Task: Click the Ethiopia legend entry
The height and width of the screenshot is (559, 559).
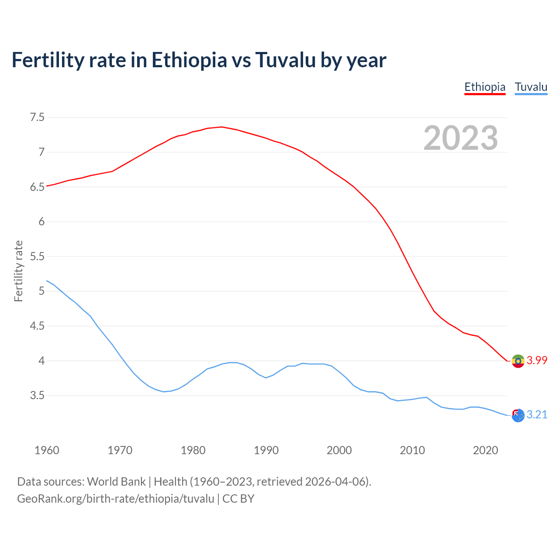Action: [485, 87]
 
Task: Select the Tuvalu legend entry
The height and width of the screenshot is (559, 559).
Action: [531, 87]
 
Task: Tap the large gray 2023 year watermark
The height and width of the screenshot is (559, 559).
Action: [461, 138]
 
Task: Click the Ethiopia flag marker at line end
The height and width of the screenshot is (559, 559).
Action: [518, 361]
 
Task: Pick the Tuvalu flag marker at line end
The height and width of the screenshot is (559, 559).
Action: [518, 415]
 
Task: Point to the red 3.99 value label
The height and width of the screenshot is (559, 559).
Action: [537, 361]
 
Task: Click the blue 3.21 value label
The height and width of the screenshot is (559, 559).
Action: [537, 415]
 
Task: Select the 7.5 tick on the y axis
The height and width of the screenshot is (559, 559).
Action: [37, 117]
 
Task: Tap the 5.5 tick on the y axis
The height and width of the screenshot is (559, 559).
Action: [37, 256]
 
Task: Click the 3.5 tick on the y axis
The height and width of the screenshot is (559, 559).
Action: [37, 396]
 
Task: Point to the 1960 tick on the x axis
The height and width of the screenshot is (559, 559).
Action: [47, 450]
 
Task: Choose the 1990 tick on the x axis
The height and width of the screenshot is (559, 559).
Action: [266, 450]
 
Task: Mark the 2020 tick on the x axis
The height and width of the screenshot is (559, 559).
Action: [485, 450]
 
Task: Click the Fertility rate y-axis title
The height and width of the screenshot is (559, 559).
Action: [18, 271]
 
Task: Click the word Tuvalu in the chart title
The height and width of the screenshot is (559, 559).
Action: [285, 60]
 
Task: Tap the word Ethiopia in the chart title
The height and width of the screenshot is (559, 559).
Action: [189, 60]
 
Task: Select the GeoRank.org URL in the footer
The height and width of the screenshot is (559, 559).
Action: [116, 499]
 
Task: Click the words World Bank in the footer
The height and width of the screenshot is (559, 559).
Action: [116, 482]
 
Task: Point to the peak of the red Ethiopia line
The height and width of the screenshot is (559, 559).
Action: [222, 127]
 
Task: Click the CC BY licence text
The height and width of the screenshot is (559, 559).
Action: [238, 499]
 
